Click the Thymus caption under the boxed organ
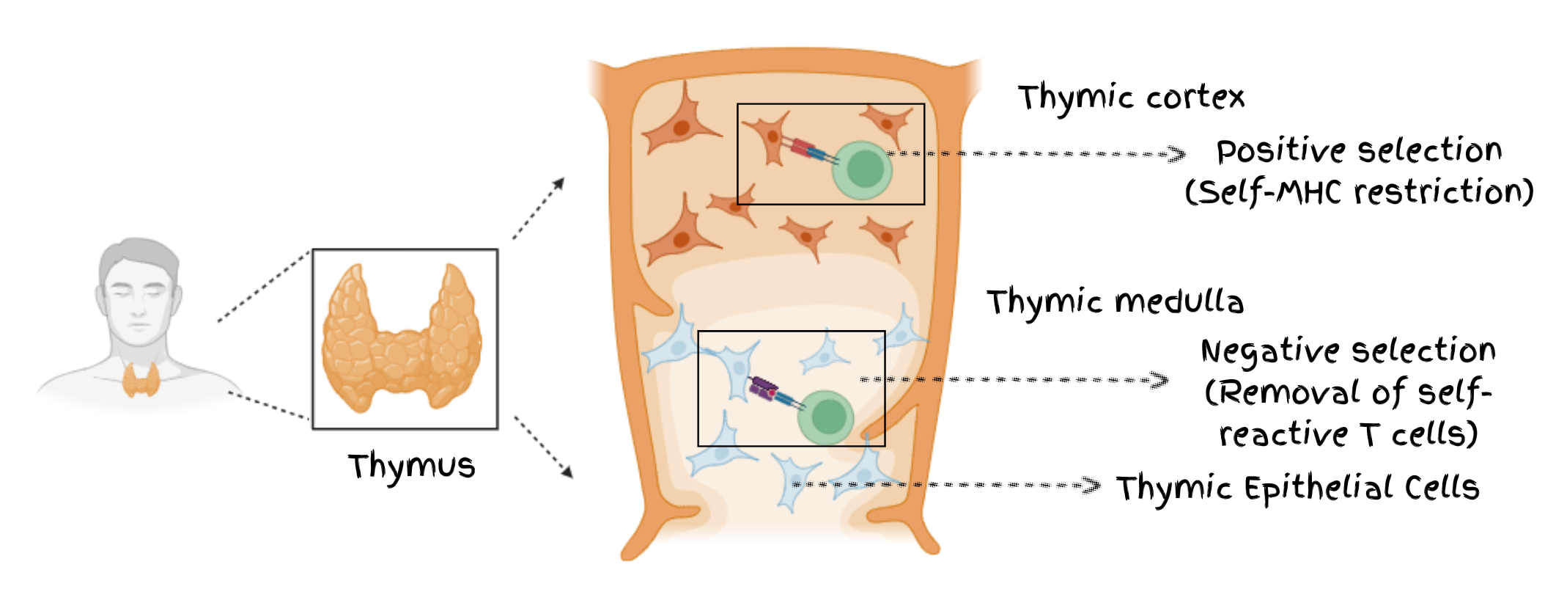click(x=411, y=467)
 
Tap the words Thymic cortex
click(x=1131, y=98)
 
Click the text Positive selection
click(x=1359, y=151)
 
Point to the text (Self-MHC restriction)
click(x=1359, y=193)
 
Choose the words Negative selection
click(x=1348, y=351)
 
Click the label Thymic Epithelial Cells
click(x=1297, y=489)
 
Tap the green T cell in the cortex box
click(x=863, y=170)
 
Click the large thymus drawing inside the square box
click(x=403, y=337)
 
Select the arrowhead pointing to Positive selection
click(x=1176, y=154)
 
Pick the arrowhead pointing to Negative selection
click(x=1159, y=380)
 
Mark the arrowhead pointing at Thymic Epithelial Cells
click(x=1091, y=485)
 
